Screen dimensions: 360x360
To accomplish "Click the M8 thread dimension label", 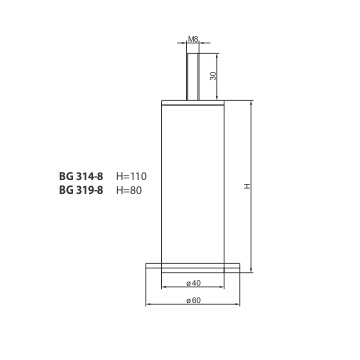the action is click(193, 39).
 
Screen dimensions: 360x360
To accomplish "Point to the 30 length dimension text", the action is click(213, 76).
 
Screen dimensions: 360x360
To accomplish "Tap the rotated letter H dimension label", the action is click(247, 186).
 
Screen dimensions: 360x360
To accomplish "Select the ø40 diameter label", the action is click(193, 283).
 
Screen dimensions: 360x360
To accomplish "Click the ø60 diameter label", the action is click(193, 300).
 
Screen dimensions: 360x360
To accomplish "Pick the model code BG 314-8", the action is click(81, 176).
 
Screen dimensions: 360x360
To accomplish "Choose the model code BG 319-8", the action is click(81, 190).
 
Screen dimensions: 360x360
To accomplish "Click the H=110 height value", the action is click(131, 176).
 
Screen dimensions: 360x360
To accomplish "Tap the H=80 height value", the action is click(129, 190).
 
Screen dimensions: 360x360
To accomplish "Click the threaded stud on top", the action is click(193, 76).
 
